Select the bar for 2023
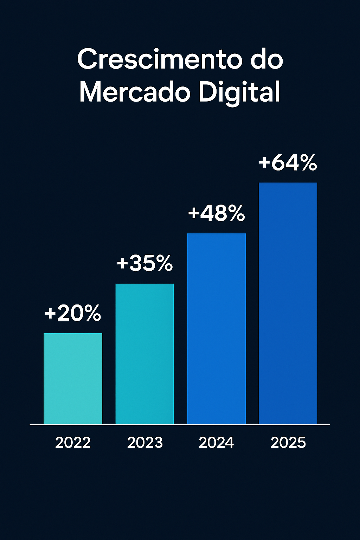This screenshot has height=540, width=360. [x=144, y=354]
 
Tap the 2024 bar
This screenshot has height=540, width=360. [x=216, y=328]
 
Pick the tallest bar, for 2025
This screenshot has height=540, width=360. [x=288, y=303]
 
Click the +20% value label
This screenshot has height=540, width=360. [x=73, y=313]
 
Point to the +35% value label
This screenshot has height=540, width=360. [x=144, y=263]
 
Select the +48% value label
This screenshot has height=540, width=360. [x=216, y=213]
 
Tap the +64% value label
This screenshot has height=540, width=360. [x=288, y=163]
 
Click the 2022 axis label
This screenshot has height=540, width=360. [x=73, y=443]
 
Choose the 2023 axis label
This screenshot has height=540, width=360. [x=145, y=443]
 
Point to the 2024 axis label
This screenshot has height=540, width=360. [x=216, y=443]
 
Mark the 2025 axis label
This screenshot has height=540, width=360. [x=288, y=443]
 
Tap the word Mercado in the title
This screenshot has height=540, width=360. [x=135, y=92]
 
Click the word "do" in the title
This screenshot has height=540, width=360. [x=267, y=60]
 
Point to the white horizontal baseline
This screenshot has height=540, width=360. [x=180, y=425]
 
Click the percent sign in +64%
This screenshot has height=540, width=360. [x=307, y=163]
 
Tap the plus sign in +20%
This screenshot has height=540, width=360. [x=50, y=314]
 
